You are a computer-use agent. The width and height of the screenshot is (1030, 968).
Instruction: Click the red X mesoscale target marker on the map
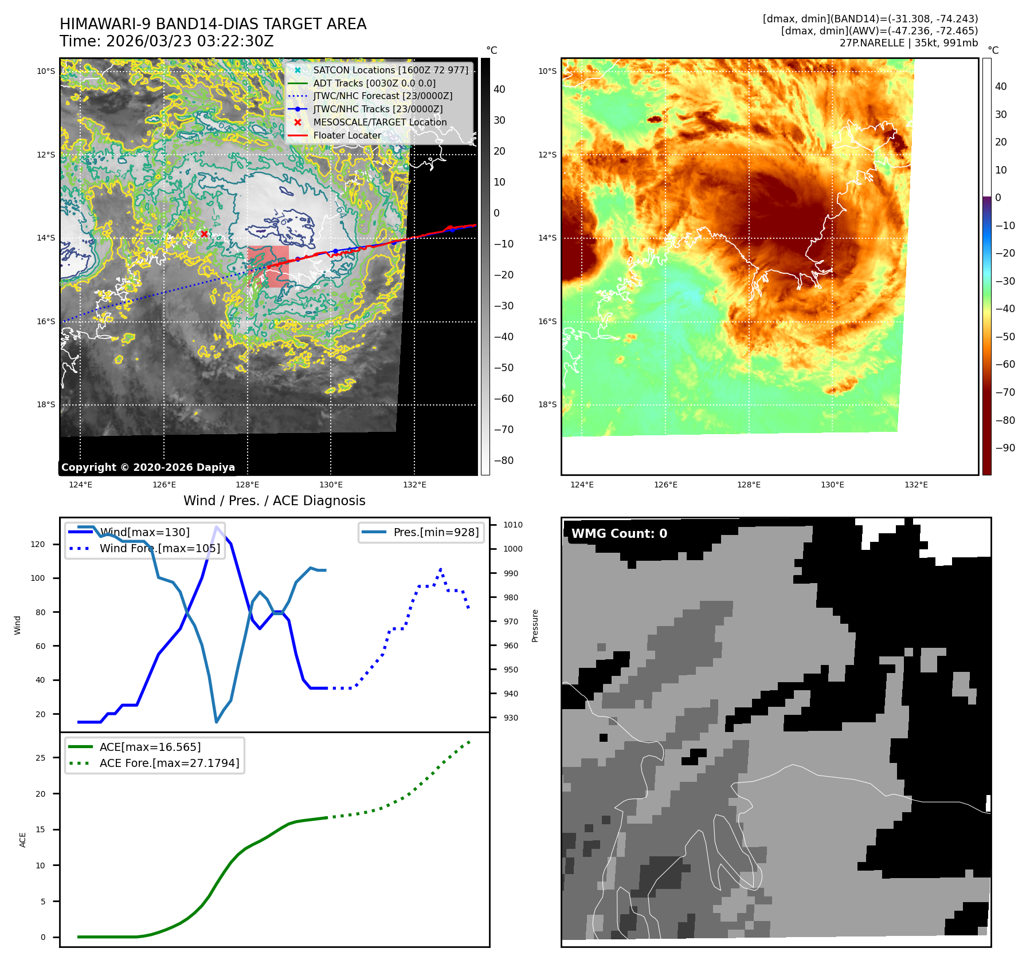click(204, 234)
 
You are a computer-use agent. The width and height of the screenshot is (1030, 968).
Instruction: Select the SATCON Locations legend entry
click(390, 70)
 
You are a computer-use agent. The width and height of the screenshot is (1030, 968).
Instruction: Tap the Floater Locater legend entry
click(347, 135)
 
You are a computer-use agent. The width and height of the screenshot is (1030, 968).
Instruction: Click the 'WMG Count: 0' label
click(619, 533)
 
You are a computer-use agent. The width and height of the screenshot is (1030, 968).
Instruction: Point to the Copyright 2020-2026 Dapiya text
click(148, 467)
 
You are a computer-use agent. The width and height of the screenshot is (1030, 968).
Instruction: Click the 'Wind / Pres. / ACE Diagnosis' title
click(274, 501)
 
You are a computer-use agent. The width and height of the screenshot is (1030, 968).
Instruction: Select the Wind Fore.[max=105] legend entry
click(159, 548)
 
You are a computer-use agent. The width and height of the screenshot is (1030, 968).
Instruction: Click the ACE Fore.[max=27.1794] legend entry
click(169, 763)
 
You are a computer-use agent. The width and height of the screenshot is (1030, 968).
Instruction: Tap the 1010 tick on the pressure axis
click(513, 525)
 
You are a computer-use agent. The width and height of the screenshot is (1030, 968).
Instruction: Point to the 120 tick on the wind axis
click(38, 544)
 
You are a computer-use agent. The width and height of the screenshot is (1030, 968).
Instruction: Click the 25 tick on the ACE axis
click(40, 758)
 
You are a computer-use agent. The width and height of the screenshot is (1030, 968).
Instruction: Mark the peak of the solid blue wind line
click(216, 527)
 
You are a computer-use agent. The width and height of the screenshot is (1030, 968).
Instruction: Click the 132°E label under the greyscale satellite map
click(414, 485)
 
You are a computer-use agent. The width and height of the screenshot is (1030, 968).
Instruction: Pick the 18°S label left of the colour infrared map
click(547, 404)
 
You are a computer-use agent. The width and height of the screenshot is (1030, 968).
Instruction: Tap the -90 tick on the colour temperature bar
click(1005, 448)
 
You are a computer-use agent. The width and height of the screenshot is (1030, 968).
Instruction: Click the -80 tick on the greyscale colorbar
click(504, 461)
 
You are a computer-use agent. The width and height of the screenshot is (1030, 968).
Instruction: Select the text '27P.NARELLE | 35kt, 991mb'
click(908, 43)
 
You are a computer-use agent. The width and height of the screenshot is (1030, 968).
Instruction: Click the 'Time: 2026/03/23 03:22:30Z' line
click(167, 41)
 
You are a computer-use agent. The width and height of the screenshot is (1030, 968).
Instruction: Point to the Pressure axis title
click(535, 625)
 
